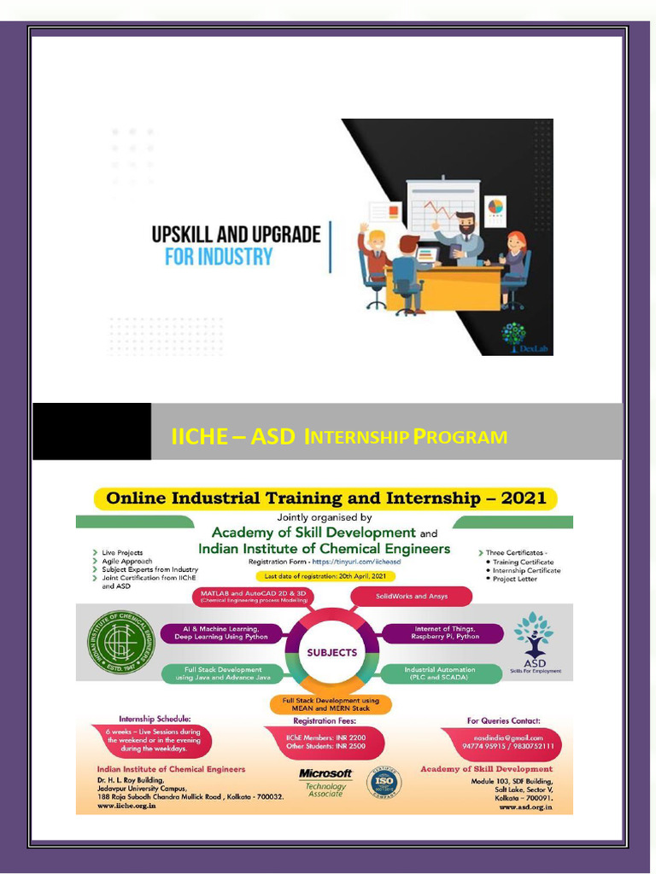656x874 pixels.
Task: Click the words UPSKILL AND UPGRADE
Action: pos(236,234)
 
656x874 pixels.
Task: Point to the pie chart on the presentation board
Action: pos(495,207)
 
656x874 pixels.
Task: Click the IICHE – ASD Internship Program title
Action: pos(339,437)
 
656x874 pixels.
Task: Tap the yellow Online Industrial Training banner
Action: pos(325,498)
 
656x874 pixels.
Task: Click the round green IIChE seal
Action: pos(120,642)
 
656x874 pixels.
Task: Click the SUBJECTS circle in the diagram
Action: pos(331,652)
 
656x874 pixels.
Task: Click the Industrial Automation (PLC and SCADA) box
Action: pos(440,673)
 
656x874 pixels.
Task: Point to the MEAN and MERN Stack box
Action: pos(331,704)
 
